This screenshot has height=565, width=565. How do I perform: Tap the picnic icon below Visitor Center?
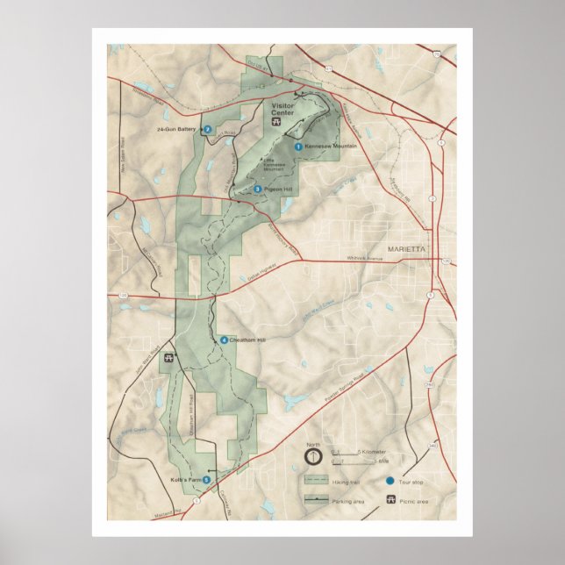[x=275, y=123]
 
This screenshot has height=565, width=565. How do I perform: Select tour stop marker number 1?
[x=298, y=147]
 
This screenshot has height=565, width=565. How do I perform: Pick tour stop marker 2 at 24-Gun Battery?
[x=208, y=130]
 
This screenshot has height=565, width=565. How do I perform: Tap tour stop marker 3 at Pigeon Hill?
[x=258, y=189]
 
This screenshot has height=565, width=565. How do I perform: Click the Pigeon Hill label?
[x=278, y=189]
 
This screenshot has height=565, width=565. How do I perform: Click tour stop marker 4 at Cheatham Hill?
[x=225, y=340]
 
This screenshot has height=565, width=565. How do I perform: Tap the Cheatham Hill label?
[x=248, y=340]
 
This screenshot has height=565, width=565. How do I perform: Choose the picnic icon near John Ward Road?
[x=168, y=358]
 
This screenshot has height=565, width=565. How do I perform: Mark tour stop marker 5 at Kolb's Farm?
[x=206, y=480]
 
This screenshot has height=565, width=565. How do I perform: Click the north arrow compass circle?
[x=313, y=457]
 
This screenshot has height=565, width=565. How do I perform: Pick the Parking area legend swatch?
[x=316, y=498]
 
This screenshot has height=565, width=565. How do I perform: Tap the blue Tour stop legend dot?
[x=389, y=481]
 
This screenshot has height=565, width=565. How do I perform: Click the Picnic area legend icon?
[x=389, y=498]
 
